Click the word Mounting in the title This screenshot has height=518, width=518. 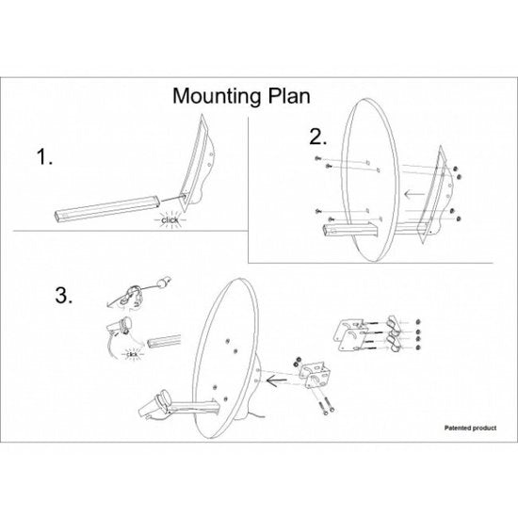[x=217, y=96]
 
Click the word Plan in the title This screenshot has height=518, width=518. [x=289, y=96]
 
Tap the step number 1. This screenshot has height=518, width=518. [x=44, y=156]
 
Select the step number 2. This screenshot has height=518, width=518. [x=317, y=137]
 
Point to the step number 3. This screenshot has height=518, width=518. [x=64, y=296]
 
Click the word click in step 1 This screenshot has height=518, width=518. [x=170, y=219]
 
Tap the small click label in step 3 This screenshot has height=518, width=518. [x=132, y=354]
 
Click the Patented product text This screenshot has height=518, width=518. [x=470, y=428]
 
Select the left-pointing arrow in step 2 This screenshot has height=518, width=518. [x=414, y=194]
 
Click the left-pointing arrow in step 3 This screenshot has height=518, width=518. [x=277, y=380]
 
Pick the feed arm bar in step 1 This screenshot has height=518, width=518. [x=107, y=208]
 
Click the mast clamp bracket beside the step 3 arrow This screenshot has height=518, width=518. [x=315, y=375]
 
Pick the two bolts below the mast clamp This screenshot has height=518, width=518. [x=326, y=404]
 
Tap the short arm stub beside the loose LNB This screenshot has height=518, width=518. [x=164, y=341]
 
